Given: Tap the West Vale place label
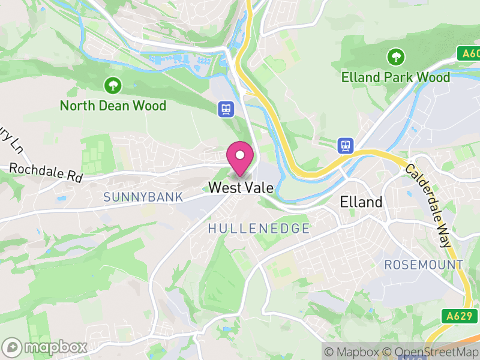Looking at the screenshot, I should point(241,188).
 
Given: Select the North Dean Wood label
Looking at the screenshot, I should point(113,106).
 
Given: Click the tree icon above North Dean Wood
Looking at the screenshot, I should point(112,85).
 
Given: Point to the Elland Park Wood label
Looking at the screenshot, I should point(395,77).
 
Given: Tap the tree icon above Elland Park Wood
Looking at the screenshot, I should point(395,58).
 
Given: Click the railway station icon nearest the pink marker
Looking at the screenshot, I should point(226,109).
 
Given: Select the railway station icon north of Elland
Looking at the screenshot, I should point(346,145).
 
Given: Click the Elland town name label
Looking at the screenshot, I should point(361,202).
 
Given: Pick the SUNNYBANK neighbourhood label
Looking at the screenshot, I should point(143,197).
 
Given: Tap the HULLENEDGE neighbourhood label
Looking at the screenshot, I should point(259,229).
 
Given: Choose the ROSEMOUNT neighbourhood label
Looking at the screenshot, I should point(424,265).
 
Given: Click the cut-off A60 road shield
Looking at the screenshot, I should point(470,53).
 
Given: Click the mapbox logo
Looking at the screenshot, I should point(46,347).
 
